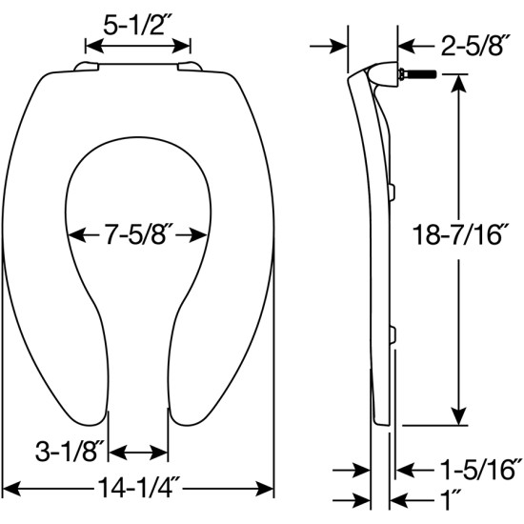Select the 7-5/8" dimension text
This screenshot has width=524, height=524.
click(139, 233)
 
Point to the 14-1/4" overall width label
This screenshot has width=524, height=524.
click(139, 489)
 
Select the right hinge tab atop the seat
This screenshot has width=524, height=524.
click(191, 66)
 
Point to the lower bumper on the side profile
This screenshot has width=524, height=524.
click(392, 333)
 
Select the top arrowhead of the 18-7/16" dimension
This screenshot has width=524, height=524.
click(460, 78)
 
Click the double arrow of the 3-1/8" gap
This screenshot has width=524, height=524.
click(140, 450)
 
